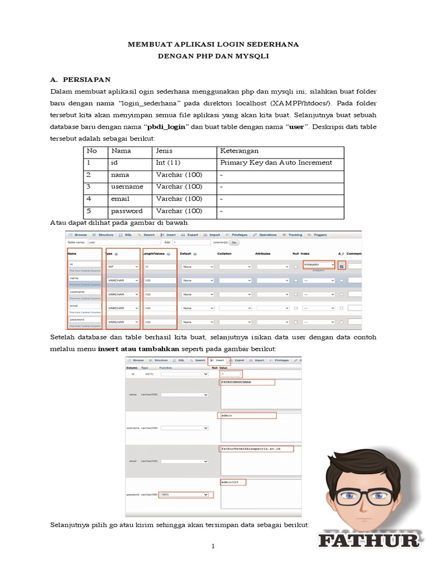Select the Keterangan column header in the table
click(239, 151)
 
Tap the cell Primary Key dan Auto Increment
click(276, 163)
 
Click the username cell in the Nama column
click(127, 186)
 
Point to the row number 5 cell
click(88, 211)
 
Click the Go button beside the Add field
click(234, 243)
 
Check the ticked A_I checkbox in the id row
click(341, 266)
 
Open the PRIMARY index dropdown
click(319, 265)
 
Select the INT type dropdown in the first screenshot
click(122, 267)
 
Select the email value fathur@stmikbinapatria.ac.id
click(251, 449)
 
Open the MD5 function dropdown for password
click(184, 494)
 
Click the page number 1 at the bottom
click(213, 547)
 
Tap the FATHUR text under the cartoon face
click(369, 540)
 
